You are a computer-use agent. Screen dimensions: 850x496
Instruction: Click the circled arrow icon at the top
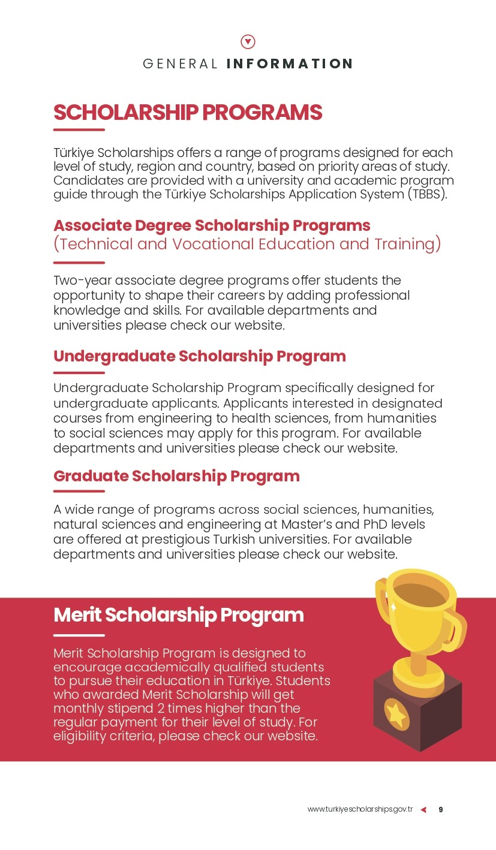click(x=248, y=41)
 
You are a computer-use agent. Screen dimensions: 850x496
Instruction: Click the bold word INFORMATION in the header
click(x=290, y=64)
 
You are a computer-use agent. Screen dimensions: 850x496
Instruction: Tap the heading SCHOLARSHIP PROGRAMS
click(x=188, y=113)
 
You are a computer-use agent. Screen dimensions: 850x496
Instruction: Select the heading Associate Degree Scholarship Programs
click(x=212, y=225)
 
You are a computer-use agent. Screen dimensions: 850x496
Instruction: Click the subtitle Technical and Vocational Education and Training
click(x=247, y=245)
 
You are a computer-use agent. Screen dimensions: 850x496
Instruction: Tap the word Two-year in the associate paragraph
click(x=82, y=281)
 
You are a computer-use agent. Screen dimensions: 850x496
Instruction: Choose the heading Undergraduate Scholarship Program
click(x=199, y=356)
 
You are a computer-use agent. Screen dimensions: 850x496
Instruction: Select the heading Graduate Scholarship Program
click(x=176, y=476)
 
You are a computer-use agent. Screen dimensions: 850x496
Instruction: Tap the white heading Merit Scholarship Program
click(x=178, y=615)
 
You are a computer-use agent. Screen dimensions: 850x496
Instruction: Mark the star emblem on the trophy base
click(x=396, y=714)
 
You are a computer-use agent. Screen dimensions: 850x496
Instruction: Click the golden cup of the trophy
click(x=416, y=605)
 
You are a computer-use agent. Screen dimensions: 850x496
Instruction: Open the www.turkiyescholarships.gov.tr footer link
click(x=360, y=809)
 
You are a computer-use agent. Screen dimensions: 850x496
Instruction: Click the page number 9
click(x=441, y=809)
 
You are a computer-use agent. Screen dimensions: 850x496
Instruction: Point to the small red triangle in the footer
click(x=423, y=810)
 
